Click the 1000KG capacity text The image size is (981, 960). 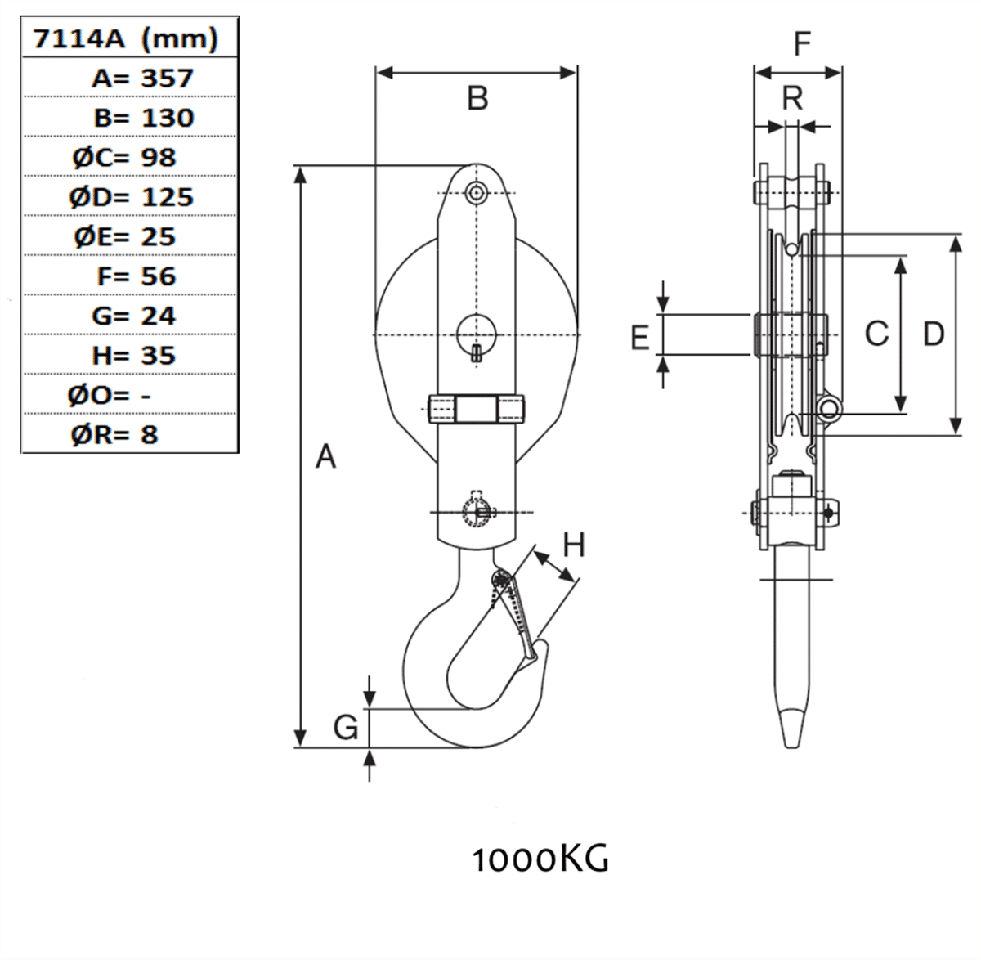tap(540, 859)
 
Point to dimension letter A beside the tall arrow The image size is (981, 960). tap(325, 456)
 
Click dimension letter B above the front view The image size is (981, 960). tap(477, 98)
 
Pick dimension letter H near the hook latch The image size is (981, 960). tap(574, 545)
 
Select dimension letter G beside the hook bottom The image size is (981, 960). tap(346, 726)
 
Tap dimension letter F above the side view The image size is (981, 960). tap(802, 43)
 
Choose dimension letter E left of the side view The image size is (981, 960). tap(640, 336)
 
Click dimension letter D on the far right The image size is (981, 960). tap(933, 333)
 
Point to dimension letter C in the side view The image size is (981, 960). tap(876, 333)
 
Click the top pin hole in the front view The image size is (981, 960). tap(476, 192)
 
